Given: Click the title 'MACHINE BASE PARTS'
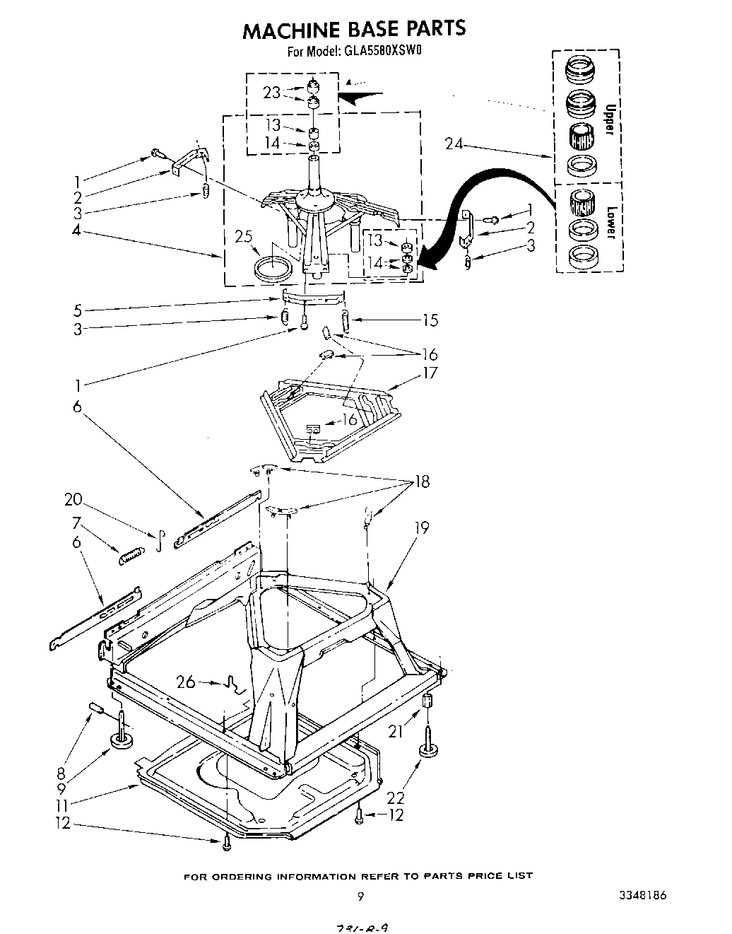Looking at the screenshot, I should coord(354,29).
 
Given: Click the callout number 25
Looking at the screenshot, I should coord(244,237).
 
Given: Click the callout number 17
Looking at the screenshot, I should coord(430,373).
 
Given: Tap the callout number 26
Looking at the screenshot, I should coord(186,682).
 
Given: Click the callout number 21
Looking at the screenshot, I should coord(396,732).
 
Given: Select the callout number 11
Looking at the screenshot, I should coord(63,805).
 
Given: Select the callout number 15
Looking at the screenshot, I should coord(430,320).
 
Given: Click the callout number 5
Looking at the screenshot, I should coord(78,310).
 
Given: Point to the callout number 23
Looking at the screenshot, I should coord(271,92).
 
